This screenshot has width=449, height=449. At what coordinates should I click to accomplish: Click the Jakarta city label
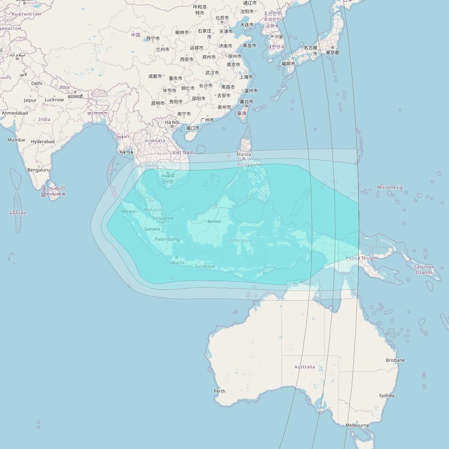[x=177, y=262]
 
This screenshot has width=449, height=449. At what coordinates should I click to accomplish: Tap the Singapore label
[x=163, y=218]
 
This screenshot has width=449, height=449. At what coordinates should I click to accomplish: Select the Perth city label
[x=220, y=391]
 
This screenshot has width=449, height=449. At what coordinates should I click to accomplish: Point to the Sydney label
[x=387, y=395]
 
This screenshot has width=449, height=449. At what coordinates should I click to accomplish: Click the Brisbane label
[x=395, y=360]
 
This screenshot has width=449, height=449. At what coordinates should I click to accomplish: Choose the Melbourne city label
[x=357, y=425]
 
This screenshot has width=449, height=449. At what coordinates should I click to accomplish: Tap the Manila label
[x=244, y=154]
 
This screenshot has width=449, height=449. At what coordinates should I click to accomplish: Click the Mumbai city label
[x=16, y=140]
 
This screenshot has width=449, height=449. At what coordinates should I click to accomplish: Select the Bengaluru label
[x=38, y=170]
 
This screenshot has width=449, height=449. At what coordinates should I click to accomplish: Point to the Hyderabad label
[x=42, y=141]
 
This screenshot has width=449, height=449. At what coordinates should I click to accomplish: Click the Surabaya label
[x=205, y=266]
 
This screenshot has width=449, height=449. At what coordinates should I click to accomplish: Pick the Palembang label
[x=167, y=239]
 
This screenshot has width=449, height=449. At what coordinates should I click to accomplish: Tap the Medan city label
[x=129, y=211]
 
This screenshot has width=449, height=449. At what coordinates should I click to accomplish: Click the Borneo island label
[x=214, y=222]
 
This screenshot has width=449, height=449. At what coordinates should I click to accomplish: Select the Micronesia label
[x=390, y=187]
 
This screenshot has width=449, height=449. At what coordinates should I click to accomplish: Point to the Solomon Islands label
[x=424, y=270]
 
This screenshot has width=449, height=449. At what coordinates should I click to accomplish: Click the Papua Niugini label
[x=362, y=258]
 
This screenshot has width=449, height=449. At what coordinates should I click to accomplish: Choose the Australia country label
[x=304, y=367]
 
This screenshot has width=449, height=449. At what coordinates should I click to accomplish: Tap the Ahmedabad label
[x=15, y=113]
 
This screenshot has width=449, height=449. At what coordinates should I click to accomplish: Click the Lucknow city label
[x=54, y=100]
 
